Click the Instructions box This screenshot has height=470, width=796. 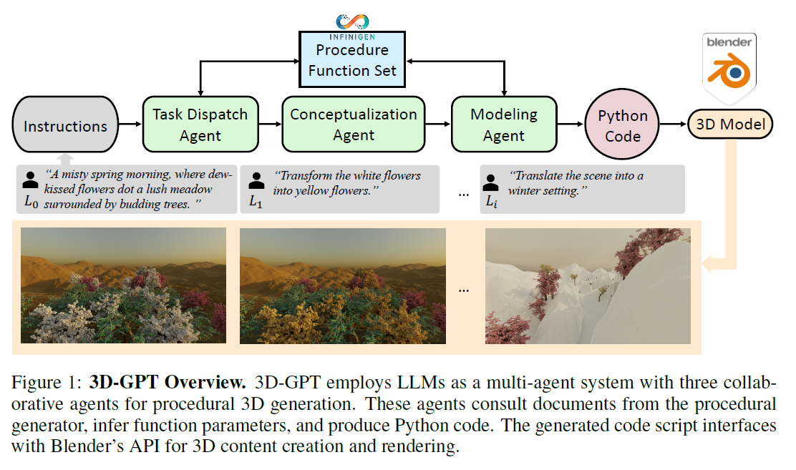tap(65, 126)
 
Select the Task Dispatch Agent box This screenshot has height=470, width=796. tap(200, 125)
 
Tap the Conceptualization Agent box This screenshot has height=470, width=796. tap(353, 125)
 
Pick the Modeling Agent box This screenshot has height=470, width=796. tap(503, 125)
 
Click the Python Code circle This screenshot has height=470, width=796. tap(622, 126)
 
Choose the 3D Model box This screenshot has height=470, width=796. tap(730, 124)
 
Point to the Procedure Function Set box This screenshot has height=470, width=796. tap(351, 60)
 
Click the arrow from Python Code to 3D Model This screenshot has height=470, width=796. tap(673, 125)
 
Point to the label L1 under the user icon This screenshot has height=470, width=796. tap(256, 202)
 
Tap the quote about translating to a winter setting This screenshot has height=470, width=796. tap(576, 183)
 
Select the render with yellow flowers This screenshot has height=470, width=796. tap(342, 286)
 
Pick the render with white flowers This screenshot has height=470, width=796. tap(124, 286)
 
